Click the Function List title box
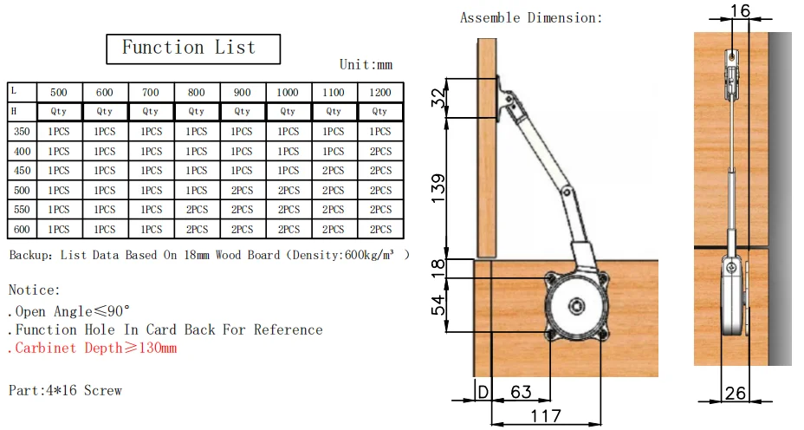pos(193,49)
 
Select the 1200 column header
pos(380,93)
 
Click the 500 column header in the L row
pos(58,93)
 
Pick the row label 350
pos(22,132)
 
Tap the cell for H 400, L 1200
pos(380,152)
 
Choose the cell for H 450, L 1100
pos(334,171)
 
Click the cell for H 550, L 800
pos(197,210)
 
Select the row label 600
pos(22,230)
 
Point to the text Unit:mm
pos(366,65)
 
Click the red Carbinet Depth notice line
pos(93,348)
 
